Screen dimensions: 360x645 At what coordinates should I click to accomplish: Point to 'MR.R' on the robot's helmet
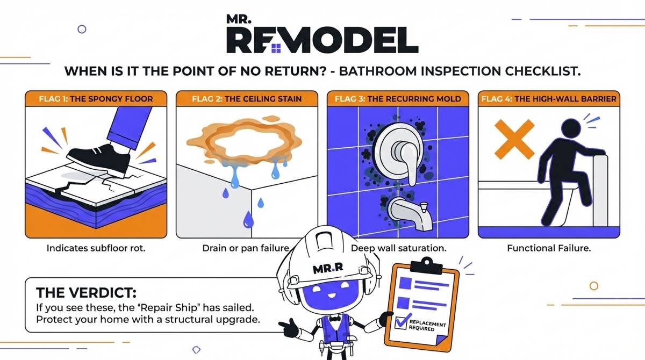point(325,268)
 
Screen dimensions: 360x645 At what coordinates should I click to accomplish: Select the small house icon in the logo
point(276,49)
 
